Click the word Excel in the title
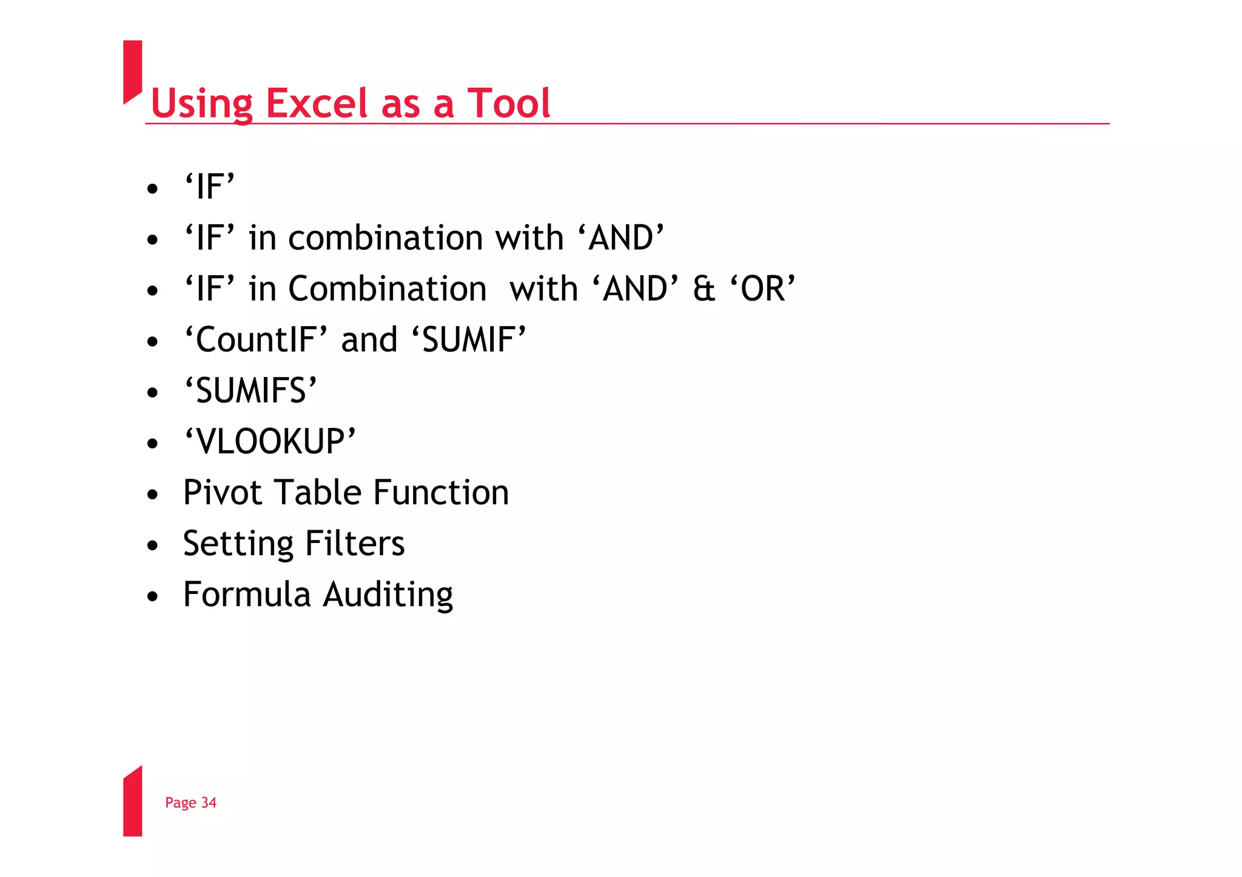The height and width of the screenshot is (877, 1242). pos(318,103)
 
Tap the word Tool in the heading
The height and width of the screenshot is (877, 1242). pos(508,103)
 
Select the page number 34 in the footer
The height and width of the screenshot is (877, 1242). pos(209,802)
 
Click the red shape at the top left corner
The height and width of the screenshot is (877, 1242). pos(132,70)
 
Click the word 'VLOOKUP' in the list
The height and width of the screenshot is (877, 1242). pos(270,441)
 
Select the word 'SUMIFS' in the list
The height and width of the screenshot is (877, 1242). pos(250,390)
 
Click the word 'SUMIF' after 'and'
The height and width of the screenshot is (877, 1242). pos(468,339)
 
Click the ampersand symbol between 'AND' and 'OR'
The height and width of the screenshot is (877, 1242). pos(703,288)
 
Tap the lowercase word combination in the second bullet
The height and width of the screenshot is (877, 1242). pos(386,238)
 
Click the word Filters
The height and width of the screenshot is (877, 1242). pos(355,543)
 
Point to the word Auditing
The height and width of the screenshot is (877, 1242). pos(388,595)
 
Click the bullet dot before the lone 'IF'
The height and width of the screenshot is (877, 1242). pos(152,188)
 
